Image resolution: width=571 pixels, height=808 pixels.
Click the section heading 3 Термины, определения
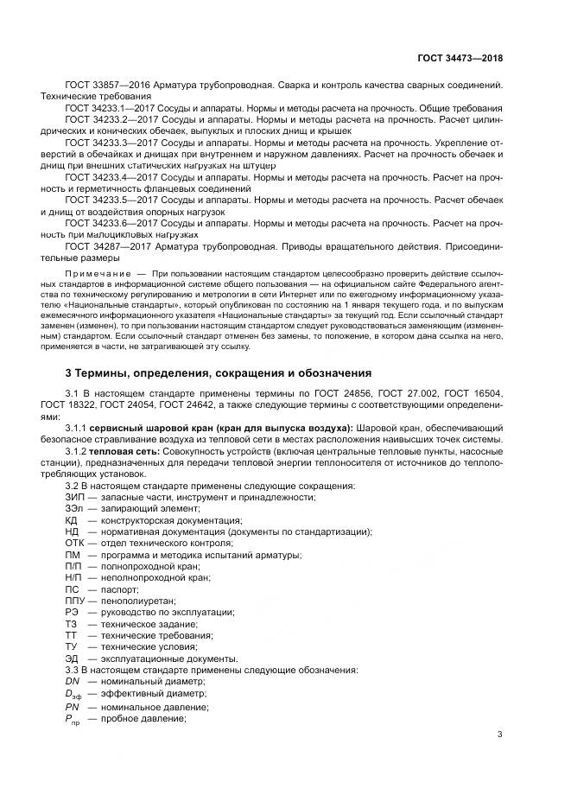tap(219, 373)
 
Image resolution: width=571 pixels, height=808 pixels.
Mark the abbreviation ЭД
tap(72, 658)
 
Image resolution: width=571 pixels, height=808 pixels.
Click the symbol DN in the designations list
tap(72, 680)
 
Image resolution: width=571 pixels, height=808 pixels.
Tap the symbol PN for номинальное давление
tap(72, 707)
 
